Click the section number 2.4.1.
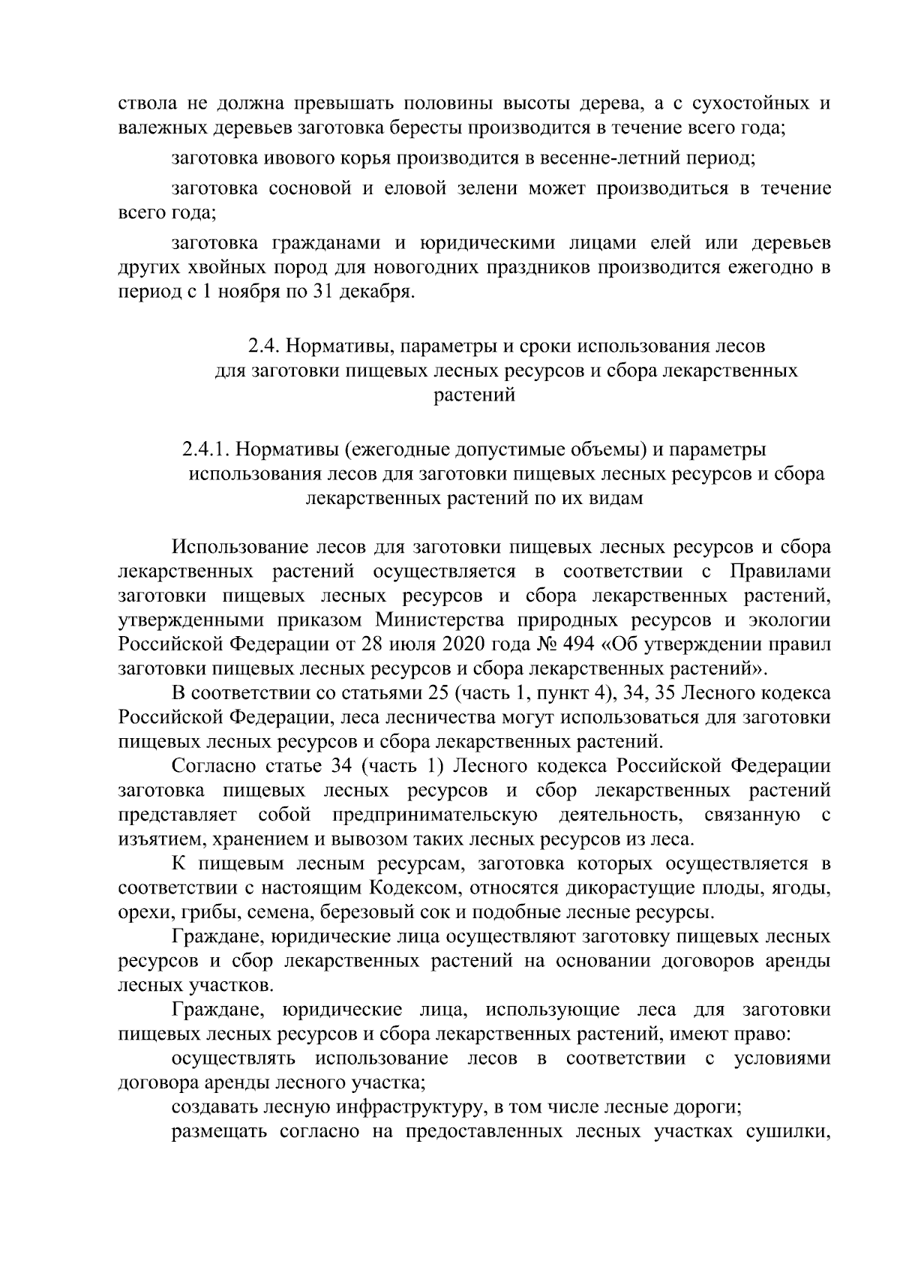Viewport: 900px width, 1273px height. point(205,449)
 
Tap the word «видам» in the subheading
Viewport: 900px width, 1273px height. point(616,498)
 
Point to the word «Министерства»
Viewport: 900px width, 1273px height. point(441,620)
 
